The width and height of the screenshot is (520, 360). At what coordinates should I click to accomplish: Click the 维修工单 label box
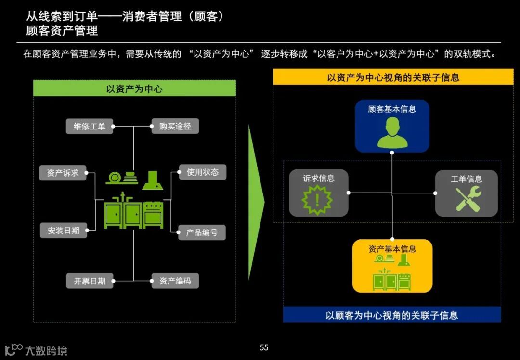[90, 127]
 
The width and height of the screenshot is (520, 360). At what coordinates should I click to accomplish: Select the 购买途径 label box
[175, 126]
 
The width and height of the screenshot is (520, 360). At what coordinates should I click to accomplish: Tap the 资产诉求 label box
[63, 173]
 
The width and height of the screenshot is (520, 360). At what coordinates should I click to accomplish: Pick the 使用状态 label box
[202, 172]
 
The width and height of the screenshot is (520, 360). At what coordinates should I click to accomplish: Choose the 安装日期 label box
[63, 231]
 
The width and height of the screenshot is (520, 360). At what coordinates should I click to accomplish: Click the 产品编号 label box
[202, 232]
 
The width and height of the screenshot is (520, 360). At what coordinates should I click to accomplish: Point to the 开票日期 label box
[90, 281]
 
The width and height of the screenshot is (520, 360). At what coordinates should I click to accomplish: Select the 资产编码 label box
[175, 281]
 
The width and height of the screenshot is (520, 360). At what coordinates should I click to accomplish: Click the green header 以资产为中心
[134, 89]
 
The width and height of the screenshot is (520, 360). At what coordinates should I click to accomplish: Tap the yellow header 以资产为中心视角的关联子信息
[393, 77]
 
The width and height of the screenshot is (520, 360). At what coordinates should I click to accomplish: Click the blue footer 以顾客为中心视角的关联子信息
[391, 315]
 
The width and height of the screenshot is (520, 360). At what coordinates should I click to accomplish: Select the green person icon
[392, 132]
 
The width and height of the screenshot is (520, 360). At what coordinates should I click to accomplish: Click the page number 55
[264, 347]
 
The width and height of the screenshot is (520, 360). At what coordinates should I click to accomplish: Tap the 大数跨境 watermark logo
[36, 350]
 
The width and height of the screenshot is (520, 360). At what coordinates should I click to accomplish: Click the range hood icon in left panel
[152, 180]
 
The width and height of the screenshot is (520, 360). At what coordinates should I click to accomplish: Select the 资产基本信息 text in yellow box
[392, 249]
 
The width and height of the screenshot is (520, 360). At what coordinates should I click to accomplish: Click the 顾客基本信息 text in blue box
[392, 109]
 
